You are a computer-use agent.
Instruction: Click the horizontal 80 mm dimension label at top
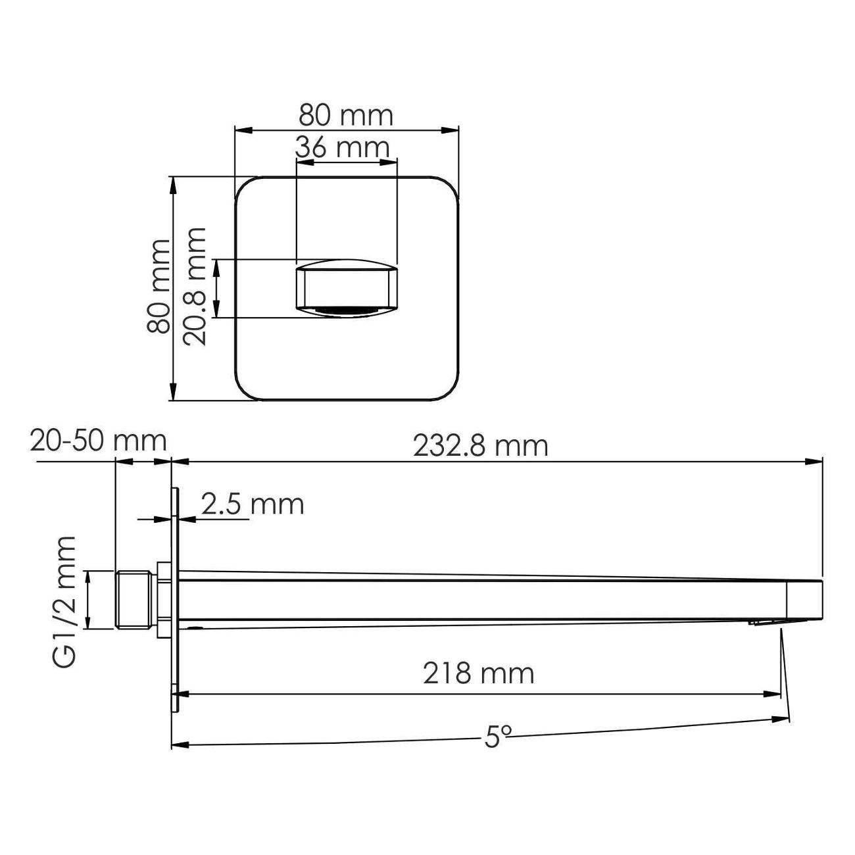346,116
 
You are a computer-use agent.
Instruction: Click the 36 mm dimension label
343,147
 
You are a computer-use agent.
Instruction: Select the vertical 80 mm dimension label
159,287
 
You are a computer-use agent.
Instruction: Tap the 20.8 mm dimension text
195,287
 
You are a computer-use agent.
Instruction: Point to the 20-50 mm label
98,441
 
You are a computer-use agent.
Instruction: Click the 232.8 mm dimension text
480,447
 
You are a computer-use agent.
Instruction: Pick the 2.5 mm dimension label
253,504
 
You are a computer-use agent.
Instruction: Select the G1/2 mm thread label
65,601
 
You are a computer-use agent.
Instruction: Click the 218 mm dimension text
478,673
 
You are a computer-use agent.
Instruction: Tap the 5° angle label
498,738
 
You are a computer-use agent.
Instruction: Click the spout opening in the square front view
347,289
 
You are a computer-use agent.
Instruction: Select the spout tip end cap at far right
805,600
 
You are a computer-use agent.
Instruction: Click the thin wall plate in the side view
175,599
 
